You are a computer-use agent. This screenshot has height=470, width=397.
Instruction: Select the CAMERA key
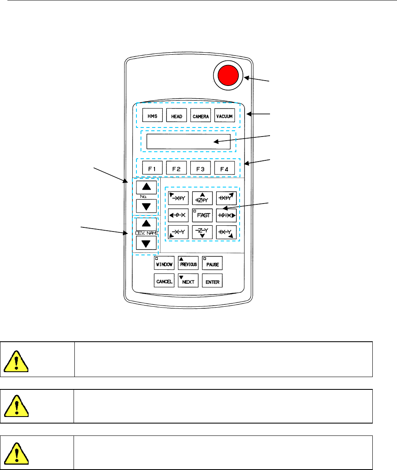coord(201,116)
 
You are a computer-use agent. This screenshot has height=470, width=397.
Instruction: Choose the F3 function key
coord(201,168)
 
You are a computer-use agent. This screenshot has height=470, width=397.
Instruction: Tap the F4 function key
coord(224,168)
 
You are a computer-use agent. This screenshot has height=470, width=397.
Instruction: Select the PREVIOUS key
coord(188,263)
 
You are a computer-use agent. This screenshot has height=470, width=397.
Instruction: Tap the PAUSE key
coord(212,263)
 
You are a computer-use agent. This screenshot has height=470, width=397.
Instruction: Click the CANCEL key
coord(164,282)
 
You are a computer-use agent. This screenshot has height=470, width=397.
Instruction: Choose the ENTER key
coord(212,282)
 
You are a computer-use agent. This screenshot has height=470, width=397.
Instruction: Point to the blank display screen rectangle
coord(188,141)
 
